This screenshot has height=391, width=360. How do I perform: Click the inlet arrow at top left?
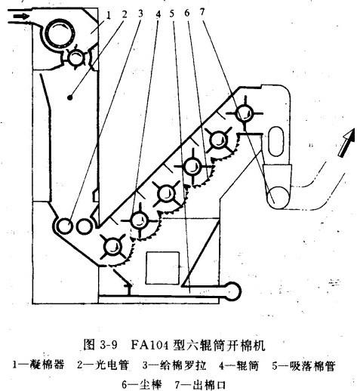click(x=21, y=17)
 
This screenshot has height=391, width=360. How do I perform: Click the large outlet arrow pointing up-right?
click(x=346, y=143)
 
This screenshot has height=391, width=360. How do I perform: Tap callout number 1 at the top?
click(x=109, y=15)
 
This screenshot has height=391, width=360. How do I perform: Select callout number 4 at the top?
click(x=158, y=14)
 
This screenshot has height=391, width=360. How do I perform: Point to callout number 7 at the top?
click(x=202, y=11)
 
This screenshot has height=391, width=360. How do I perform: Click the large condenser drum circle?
click(x=60, y=34)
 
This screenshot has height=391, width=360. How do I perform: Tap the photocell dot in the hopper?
click(x=70, y=97)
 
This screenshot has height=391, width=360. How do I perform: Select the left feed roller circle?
click(x=64, y=226)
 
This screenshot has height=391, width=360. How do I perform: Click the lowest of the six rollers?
click(x=112, y=247)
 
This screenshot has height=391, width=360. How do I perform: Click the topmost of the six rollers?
click(x=245, y=114)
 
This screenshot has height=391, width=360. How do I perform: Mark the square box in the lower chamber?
click(x=163, y=268)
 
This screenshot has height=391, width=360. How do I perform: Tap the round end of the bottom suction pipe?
click(x=233, y=291)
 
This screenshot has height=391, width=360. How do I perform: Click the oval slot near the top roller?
click(x=276, y=141)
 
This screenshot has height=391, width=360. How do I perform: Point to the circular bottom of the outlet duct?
click(x=278, y=198)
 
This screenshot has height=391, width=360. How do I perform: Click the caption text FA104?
click(x=149, y=344)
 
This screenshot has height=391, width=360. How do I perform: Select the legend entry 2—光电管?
click(x=103, y=365)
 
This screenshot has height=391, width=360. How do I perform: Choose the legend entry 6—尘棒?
click(x=143, y=384)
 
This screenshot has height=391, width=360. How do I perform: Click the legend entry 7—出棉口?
click(x=200, y=384)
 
